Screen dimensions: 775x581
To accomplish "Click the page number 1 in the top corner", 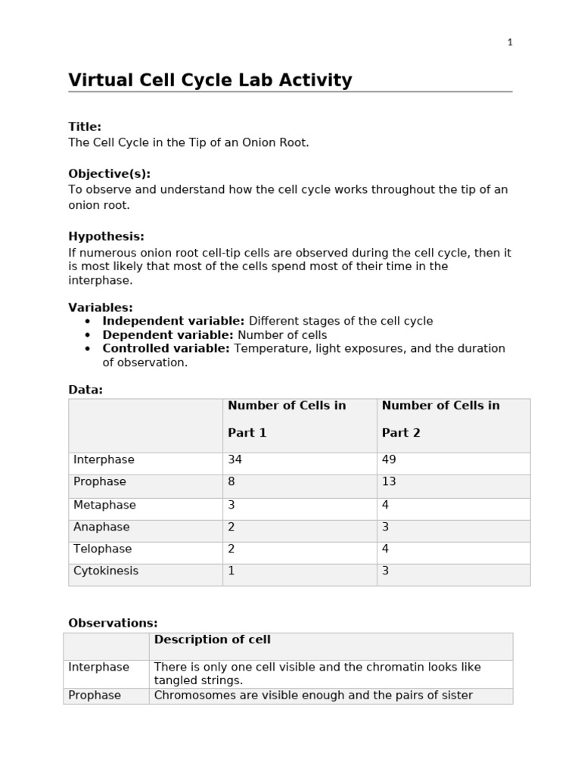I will (x=510, y=42).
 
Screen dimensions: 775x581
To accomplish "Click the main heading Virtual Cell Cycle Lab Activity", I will (x=210, y=80).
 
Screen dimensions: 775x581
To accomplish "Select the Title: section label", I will (x=85, y=127).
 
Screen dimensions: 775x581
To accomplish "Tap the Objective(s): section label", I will (x=109, y=174).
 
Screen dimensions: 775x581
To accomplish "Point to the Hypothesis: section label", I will (x=106, y=237).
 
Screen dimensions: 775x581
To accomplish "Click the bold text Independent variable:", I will (x=173, y=321).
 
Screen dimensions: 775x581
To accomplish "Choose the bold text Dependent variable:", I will (x=168, y=335).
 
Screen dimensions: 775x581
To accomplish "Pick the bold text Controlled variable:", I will (x=166, y=348).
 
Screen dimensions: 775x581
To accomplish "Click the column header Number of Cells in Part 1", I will (x=287, y=419).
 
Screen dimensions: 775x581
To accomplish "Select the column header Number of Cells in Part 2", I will (x=440, y=419).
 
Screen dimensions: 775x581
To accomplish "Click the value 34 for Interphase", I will (x=235, y=459).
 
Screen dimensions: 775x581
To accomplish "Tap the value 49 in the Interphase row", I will (x=389, y=459).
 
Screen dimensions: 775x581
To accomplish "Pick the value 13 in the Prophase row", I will (x=389, y=481).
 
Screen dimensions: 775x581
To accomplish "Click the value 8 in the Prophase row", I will (x=231, y=481).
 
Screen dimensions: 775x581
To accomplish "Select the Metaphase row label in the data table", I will (x=104, y=505).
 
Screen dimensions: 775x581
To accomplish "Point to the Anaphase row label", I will (x=101, y=527).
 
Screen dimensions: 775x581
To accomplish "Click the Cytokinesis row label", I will (x=106, y=571).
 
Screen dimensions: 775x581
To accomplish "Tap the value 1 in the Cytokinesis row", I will (x=231, y=571).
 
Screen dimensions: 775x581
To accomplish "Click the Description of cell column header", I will (x=212, y=640).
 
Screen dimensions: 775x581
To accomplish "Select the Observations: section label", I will (x=113, y=623).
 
